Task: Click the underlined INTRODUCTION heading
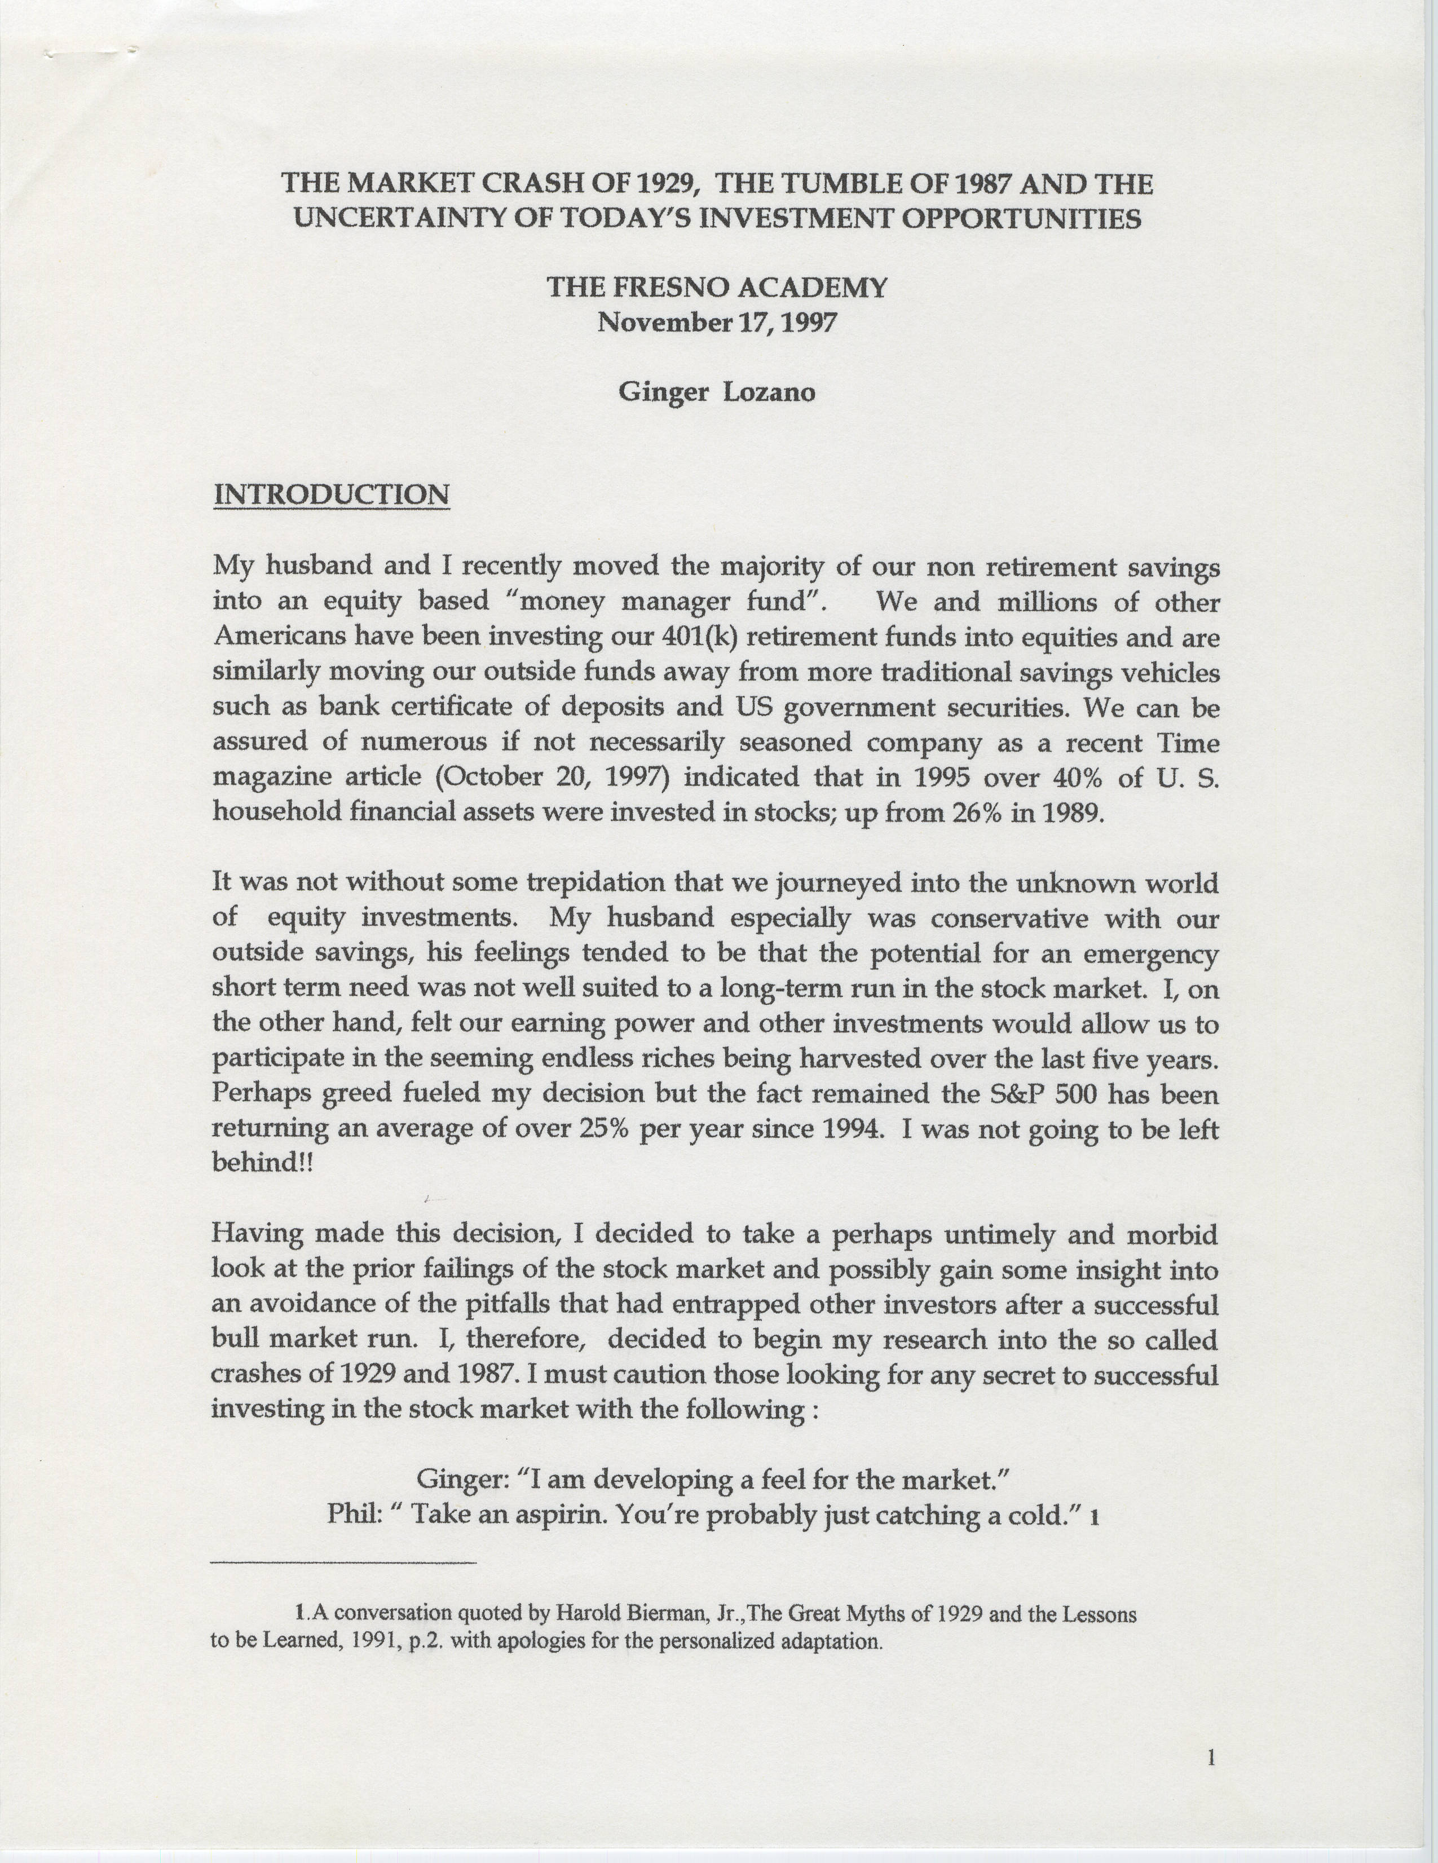click(331, 494)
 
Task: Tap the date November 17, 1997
click(717, 321)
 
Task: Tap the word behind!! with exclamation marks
click(263, 1163)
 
